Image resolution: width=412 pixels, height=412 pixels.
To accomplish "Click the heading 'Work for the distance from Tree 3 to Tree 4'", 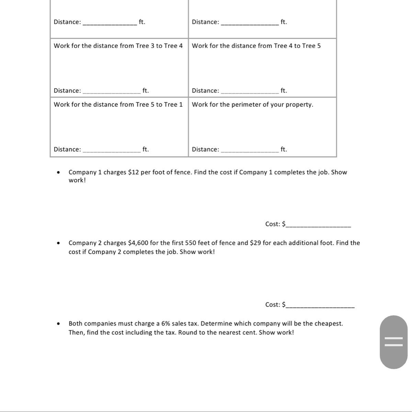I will coord(118,46).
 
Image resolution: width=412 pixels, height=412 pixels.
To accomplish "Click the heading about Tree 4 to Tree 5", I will coord(256,46).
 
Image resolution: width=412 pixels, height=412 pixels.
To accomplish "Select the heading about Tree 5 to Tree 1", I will coord(118,104).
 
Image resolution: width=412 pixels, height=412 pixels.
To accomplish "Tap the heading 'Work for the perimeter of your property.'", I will coord(252,104).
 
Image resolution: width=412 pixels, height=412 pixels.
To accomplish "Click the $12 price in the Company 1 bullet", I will coord(133,172).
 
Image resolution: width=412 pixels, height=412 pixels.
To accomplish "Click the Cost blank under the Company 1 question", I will coord(318,225).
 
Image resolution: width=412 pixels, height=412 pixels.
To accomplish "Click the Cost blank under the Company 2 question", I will coord(320,306).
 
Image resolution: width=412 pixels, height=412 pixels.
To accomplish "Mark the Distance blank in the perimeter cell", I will coord(250,150).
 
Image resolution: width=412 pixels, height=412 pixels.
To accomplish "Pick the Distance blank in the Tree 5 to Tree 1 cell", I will coord(112,150).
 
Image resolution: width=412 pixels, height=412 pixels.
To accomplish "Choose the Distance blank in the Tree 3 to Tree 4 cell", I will coord(112,91).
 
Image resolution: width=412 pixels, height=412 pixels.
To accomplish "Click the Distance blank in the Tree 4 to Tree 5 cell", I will coord(250,91).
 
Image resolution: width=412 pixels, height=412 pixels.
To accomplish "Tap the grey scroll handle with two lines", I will coord(393,342).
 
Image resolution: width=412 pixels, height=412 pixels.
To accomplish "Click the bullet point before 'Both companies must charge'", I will coord(59,323).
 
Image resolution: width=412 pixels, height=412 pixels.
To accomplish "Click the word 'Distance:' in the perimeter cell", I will coord(205,149).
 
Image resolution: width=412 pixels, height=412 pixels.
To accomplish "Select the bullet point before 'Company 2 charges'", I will coord(59,243).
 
